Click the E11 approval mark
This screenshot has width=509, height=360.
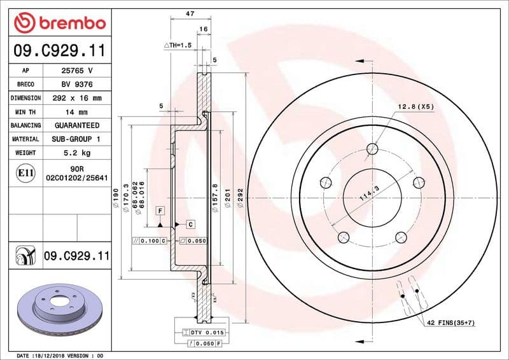coord(26,172)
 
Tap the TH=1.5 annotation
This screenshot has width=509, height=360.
coord(178,45)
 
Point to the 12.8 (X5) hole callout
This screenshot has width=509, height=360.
coord(416,106)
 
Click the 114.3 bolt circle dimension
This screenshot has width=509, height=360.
coord(369,193)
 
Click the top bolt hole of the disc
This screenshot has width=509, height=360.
coord(373,149)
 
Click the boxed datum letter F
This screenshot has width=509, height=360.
coord(160,211)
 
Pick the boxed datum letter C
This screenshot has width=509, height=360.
coord(190,225)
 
